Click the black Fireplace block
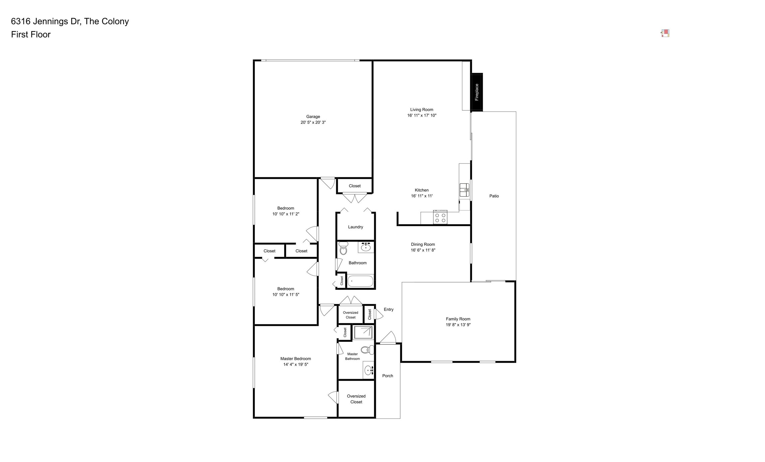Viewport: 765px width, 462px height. tap(477, 92)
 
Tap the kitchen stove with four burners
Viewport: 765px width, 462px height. tap(440, 217)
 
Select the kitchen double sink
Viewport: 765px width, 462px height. tap(464, 190)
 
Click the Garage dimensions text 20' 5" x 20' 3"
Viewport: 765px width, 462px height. tap(313, 122)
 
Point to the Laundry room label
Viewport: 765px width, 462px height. tap(355, 227)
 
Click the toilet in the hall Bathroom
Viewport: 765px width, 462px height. tap(343, 249)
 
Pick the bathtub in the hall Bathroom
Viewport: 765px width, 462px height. tap(360, 281)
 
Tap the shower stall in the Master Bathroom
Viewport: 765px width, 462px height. tap(363, 332)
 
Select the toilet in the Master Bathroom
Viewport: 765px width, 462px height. tap(367, 350)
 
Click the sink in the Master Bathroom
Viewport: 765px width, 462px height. tap(369, 370)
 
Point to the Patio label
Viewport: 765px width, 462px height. tap(494, 196)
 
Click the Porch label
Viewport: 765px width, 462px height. tap(388, 376)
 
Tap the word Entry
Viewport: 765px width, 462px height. tap(389, 309)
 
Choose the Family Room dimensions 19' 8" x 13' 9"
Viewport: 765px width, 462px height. tap(458, 325)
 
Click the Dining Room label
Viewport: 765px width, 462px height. tap(423, 244)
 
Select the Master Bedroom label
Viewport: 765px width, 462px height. tap(295, 359)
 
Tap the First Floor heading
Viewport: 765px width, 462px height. tap(31, 35)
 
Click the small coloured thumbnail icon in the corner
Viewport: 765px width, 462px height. tap(665, 33)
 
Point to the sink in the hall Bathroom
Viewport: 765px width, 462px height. tap(366, 247)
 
